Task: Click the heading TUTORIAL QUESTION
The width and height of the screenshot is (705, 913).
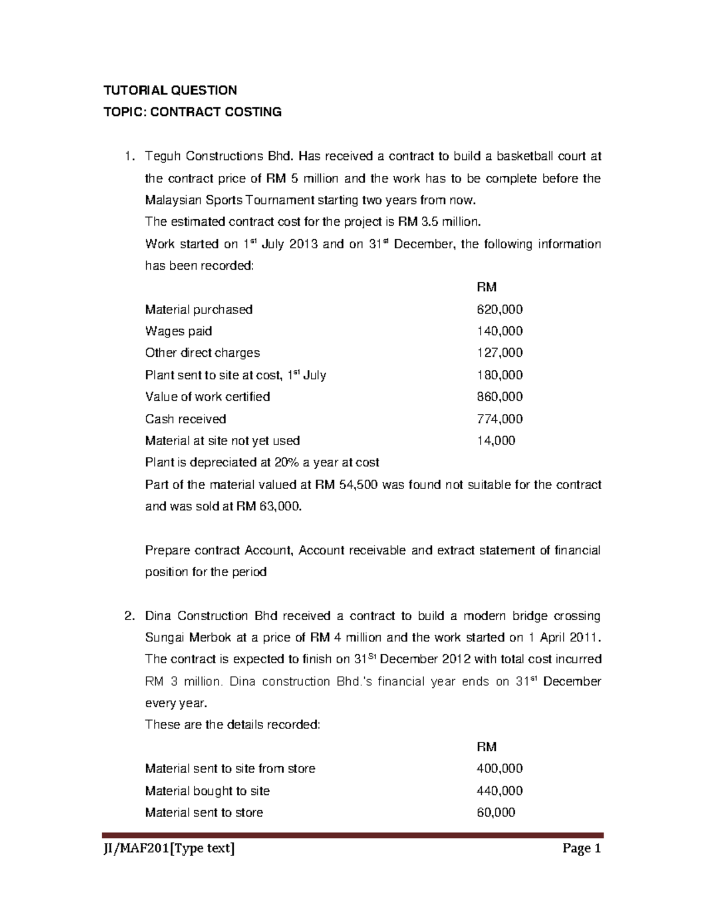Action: coord(170,90)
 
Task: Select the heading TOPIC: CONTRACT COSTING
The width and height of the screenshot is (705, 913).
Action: coord(193,112)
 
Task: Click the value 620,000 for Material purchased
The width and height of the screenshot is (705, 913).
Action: coord(499,309)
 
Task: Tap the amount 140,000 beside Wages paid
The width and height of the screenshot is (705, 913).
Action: coord(499,331)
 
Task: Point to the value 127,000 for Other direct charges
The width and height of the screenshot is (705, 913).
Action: coord(499,353)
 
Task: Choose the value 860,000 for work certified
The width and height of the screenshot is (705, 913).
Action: coord(499,397)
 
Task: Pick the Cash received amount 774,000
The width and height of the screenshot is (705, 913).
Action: coord(499,419)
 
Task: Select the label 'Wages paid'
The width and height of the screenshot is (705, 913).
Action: coord(179,331)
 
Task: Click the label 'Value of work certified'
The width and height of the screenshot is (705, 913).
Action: coord(207,397)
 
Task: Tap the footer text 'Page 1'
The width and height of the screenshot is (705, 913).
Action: coord(582,849)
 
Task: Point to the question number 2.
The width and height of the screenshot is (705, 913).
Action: coord(129,616)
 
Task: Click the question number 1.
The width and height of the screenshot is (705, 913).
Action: coord(129,156)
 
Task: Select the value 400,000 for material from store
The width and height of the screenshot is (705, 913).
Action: coord(499,768)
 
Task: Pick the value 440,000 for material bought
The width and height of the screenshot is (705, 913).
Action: coord(499,791)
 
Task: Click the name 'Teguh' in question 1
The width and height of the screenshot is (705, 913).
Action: coord(163,156)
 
